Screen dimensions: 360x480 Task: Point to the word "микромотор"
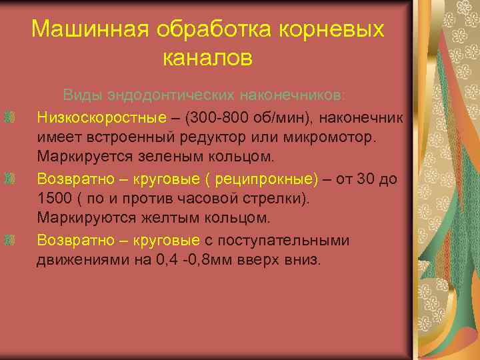(330, 139)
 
